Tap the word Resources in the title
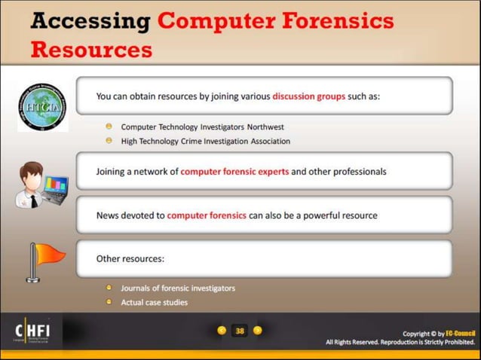click(91, 50)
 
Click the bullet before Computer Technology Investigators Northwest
click(109, 127)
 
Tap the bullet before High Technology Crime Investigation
click(109, 140)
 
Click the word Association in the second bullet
click(265, 141)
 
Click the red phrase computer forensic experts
click(234, 172)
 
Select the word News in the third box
click(108, 215)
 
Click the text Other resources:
click(130, 259)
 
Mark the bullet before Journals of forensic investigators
click(109, 287)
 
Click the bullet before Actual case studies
click(109, 301)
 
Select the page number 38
click(240, 331)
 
